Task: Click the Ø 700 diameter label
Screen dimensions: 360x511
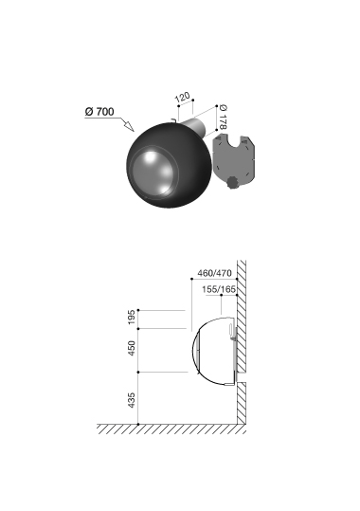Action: click(99, 112)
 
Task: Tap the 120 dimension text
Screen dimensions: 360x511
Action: click(183, 97)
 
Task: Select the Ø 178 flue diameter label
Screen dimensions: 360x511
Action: click(224, 117)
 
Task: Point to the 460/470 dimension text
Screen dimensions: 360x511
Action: click(214, 273)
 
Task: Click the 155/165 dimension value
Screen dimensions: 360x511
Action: click(219, 289)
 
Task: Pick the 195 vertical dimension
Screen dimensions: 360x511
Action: click(132, 317)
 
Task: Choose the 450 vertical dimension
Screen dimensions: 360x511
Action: click(132, 348)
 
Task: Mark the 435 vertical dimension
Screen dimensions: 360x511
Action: click(132, 400)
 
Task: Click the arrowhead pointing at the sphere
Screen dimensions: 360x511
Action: click(129, 125)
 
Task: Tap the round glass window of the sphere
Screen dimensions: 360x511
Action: click(154, 173)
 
